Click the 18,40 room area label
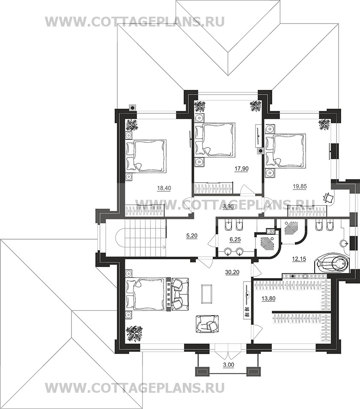(x=164, y=188)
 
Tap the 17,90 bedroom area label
(x=241, y=169)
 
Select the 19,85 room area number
(x=300, y=186)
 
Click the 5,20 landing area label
(x=192, y=236)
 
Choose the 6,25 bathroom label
(x=235, y=240)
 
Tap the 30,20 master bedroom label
(x=232, y=273)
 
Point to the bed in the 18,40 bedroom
(x=146, y=155)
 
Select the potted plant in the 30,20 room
(x=134, y=333)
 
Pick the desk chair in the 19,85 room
(x=328, y=197)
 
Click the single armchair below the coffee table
(x=208, y=324)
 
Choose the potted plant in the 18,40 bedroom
(x=132, y=124)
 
